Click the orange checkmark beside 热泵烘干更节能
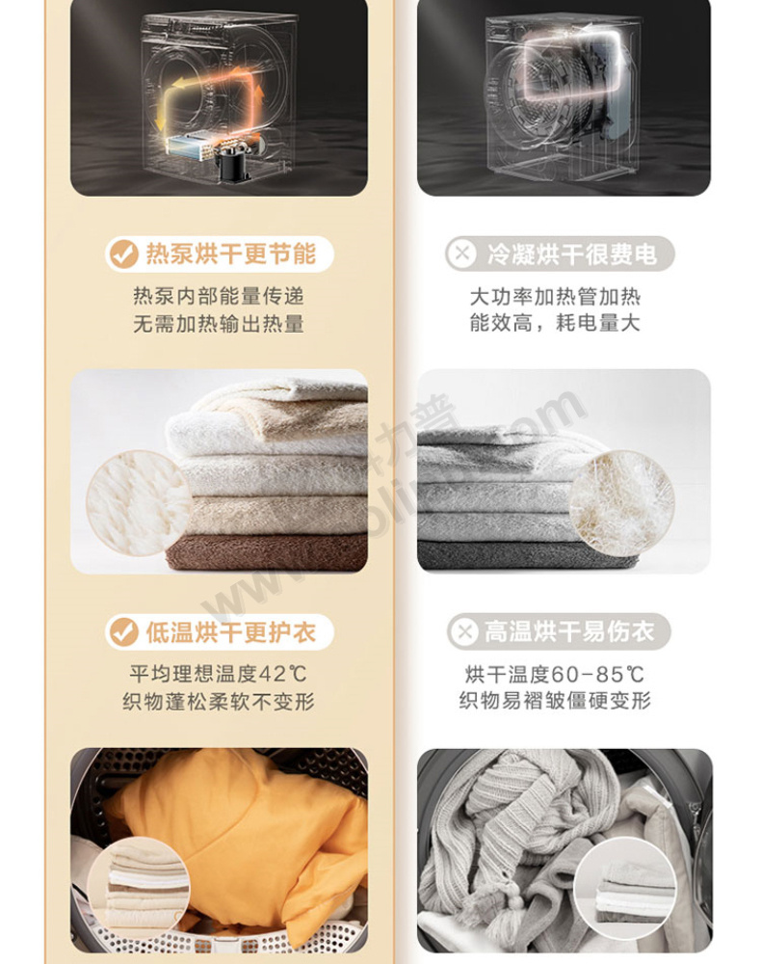[123, 254]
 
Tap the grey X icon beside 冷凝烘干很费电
[461, 253]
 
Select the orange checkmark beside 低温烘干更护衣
[123, 631]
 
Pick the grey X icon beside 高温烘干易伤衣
[464, 631]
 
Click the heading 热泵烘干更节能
[231, 254]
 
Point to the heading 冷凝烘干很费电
[572, 254]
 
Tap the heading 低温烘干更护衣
[231, 632]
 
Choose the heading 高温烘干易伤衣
[569, 631]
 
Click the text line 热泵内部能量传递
[219, 296]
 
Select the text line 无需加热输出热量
[219, 323]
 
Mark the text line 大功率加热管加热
[555, 297]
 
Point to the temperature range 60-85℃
[597, 675]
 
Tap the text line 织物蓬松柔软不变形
[219, 702]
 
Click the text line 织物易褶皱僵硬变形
[555, 700]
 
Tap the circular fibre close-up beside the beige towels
[139, 503]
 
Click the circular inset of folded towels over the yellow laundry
[139, 889]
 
